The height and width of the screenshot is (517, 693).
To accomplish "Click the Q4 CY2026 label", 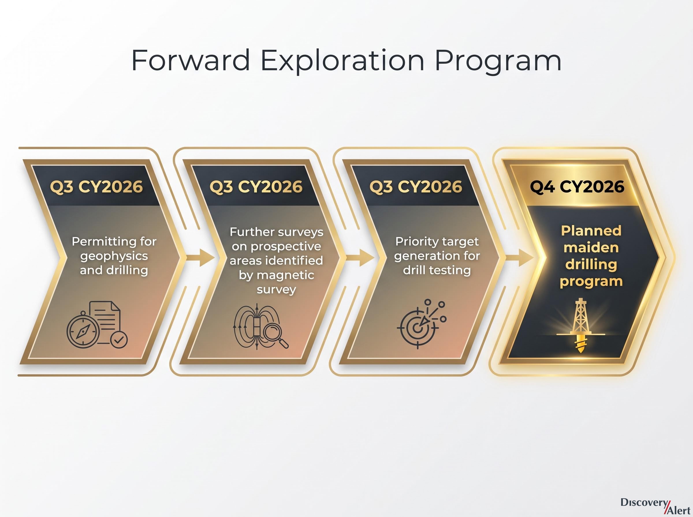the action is pos(577,187).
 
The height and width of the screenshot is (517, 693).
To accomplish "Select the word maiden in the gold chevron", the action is pos(591,248).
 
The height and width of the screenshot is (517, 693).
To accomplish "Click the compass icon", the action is pos(83,329).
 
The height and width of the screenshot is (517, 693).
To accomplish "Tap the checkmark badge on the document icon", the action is pos(119,340).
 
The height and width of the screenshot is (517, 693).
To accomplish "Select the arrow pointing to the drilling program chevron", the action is pos(520,258).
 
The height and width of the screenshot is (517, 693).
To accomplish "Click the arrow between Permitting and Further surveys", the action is pos(201,258).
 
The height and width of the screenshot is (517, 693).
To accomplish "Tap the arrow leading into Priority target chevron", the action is pos(360,258).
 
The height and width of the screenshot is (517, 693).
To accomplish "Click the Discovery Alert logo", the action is pos(655,506).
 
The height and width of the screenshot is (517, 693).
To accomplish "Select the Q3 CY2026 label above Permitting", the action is pos(96,187).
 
